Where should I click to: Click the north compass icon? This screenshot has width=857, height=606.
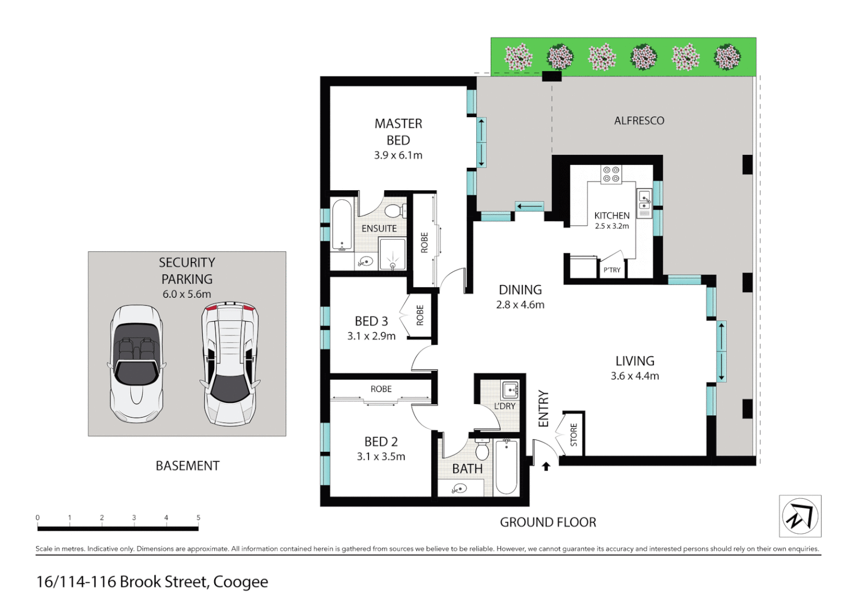coord(800,516)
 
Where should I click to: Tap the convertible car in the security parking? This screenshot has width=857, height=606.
coord(136,364)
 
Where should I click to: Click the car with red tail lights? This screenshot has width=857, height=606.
coord(231,364)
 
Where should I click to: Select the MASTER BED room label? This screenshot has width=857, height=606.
coord(398,131)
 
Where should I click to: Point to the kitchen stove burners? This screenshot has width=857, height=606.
coord(611,174)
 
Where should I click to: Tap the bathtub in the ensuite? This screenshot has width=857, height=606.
coord(342,225)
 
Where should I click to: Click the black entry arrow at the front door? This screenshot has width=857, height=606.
coord(546,466)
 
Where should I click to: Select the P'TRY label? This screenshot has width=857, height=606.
coord(612,270)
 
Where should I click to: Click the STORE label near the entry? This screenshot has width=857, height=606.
coord(574,435)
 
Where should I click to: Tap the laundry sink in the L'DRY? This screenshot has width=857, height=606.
coord(510,389)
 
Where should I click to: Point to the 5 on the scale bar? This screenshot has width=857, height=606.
coord(198,518)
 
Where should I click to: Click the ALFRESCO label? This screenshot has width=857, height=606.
coord(639,121)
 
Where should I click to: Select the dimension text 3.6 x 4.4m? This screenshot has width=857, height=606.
coord(635,376)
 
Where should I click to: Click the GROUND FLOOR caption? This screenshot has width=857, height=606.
coord(547,522)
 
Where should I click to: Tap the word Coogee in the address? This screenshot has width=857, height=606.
coord(240,582)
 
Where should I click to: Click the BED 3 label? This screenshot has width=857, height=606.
coord(371,321)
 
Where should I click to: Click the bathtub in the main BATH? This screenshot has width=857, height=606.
coord(506,467)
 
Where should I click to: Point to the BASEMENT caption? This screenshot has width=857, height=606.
coord(187,466)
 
